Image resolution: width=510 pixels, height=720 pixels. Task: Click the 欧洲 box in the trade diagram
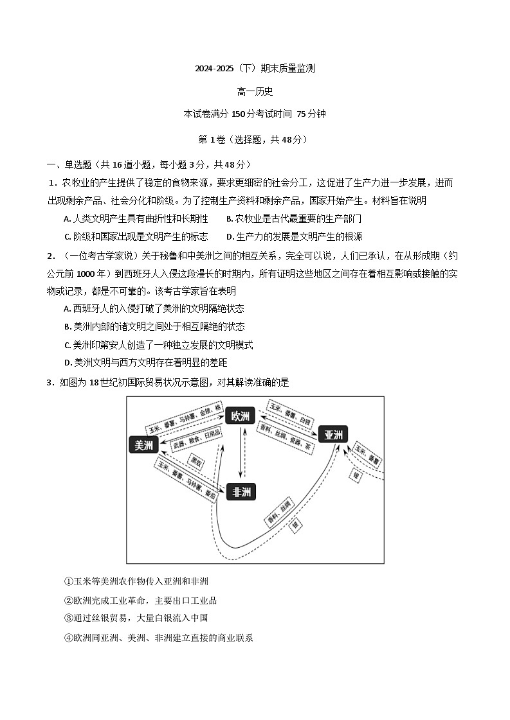click(x=241, y=416)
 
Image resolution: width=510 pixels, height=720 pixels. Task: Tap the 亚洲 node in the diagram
click(x=333, y=434)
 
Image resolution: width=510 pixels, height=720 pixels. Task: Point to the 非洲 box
click(x=241, y=492)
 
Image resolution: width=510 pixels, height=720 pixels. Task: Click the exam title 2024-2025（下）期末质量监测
click(x=255, y=68)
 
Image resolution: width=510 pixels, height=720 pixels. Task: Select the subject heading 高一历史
click(x=255, y=91)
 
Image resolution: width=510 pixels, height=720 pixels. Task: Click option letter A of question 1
click(x=68, y=219)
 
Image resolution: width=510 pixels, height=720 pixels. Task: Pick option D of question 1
click(x=230, y=236)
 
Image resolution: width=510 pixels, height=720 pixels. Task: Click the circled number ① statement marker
click(x=68, y=581)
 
